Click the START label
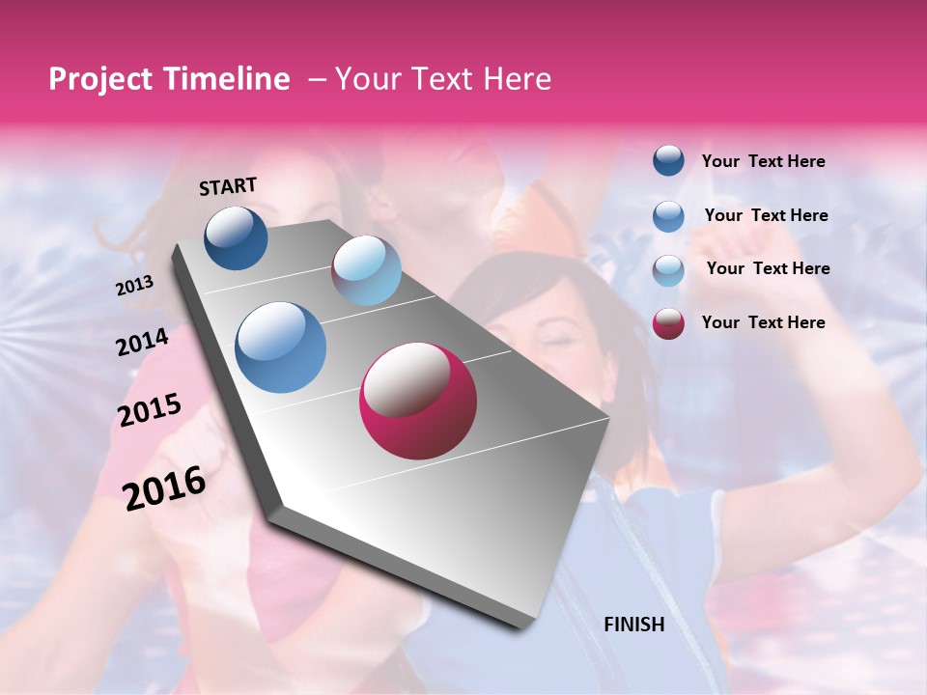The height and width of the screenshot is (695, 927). [228, 186]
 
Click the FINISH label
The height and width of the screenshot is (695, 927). [633, 625]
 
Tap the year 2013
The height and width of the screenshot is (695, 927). [134, 286]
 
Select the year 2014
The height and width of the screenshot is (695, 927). [142, 343]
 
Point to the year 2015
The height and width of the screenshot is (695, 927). [149, 410]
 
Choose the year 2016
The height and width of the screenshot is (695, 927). [164, 488]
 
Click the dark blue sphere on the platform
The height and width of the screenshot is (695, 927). [236, 237]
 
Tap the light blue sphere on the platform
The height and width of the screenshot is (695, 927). [366, 270]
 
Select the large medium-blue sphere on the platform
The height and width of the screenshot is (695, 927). [281, 347]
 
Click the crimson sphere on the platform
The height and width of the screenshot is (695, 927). [418, 402]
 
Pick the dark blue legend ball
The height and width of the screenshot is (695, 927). [668, 160]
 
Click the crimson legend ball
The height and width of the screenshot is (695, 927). [668, 323]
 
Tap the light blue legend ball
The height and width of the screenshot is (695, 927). [668, 270]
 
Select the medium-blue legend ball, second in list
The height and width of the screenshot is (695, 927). [668, 216]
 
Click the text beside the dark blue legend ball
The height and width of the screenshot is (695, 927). [763, 162]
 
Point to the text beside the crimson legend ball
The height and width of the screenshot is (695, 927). [763, 322]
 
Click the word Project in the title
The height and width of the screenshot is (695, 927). [98, 79]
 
